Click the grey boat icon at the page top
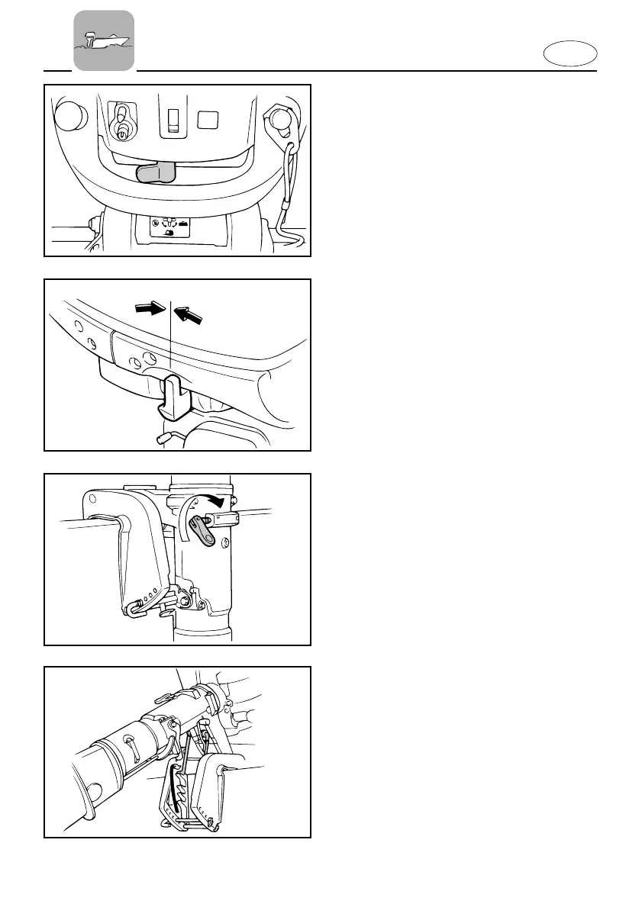coord(104,40)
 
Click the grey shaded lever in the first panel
coord(156,172)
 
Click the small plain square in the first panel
coord(208,119)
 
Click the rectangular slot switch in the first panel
coord(173,120)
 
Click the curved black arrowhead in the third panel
coord(219,502)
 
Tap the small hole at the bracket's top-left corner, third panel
coord(92,500)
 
